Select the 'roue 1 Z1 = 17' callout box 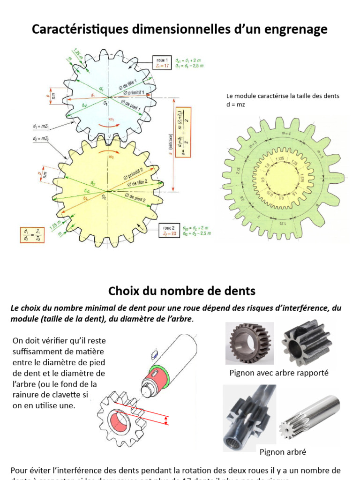click(x=164, y=63)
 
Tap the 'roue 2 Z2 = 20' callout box click(x=168, y=230)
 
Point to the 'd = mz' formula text click(x=235, y=105)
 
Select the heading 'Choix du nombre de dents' click(x=182, y=291)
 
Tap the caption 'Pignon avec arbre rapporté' click(x=279, y=373)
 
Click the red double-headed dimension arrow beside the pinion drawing click(x=167, y=420)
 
